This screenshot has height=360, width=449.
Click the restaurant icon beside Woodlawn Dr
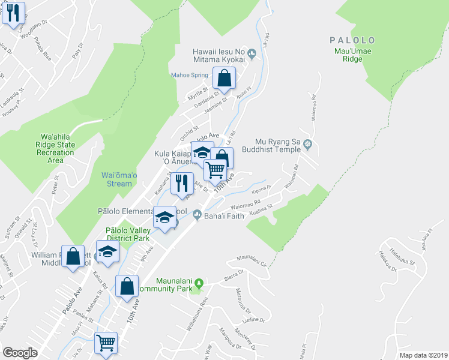point(13,12)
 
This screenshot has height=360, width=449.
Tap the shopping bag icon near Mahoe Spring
point(223,78)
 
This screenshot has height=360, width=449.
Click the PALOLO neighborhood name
point(352,40)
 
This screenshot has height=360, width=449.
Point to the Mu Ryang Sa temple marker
point(308,144)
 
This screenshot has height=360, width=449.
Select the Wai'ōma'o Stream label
point(112,179)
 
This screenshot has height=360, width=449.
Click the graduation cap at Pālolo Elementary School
point(164,217)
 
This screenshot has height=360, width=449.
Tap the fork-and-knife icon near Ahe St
point(182,183)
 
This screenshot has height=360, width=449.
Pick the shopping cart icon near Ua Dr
point(106,343)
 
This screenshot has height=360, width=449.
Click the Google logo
point(20,353)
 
